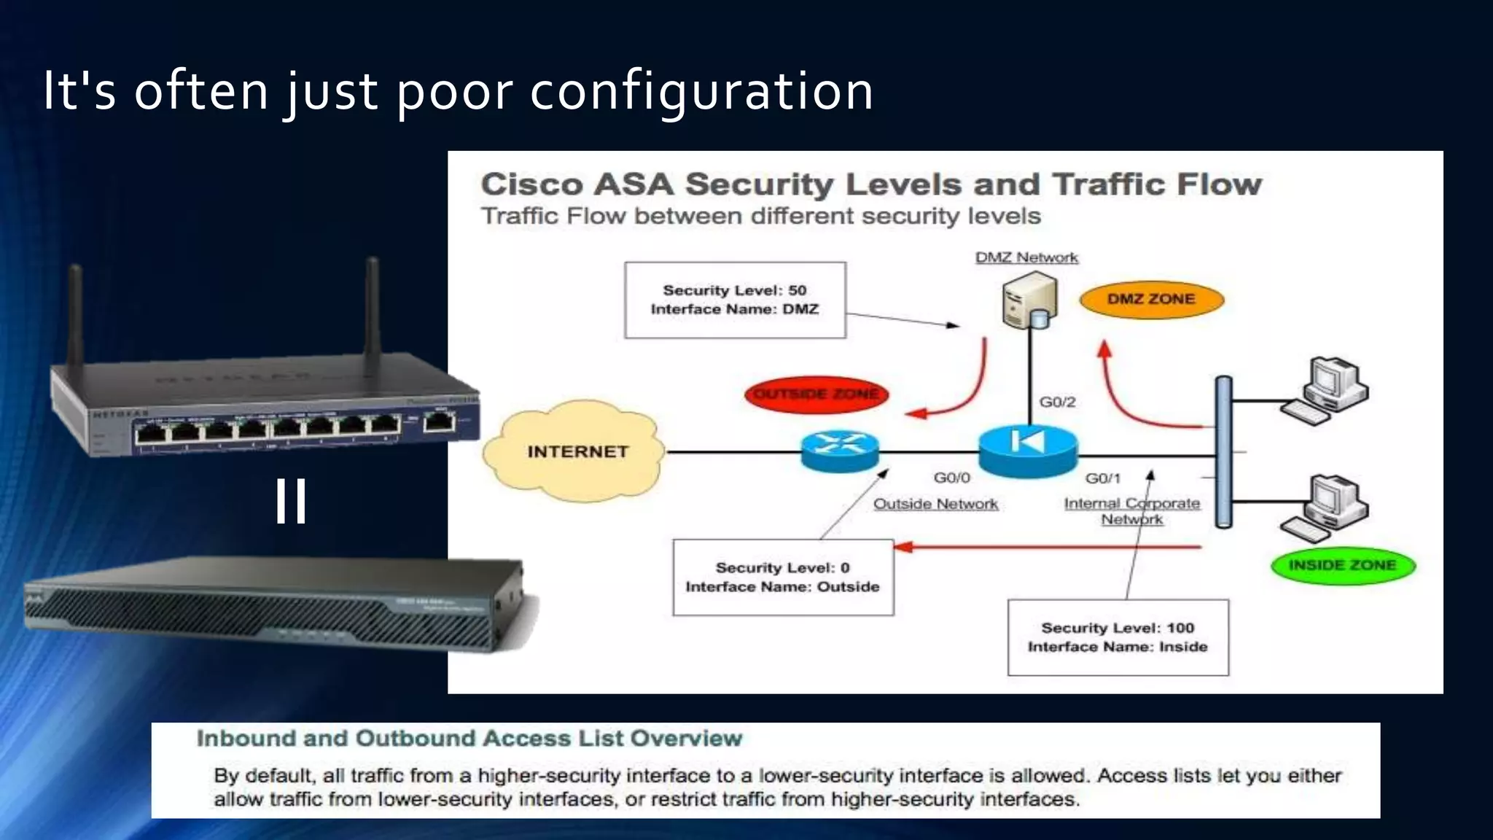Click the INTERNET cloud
[576, 451]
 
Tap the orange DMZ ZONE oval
[1151, 299]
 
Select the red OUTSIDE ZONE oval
[816, 394]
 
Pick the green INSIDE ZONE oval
[1342, 565]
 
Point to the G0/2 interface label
[1057, 402]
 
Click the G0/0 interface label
[951, 478]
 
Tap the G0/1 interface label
[1102, 478]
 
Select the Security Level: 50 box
[735, 300]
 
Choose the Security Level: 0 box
[782, 577]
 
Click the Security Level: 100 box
[1118, 637]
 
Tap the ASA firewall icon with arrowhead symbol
[1027, 450]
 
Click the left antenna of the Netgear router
[75, 314]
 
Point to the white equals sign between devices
[291, 501]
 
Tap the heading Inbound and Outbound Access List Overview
[469, 739]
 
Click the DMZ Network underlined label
[1026, 257]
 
